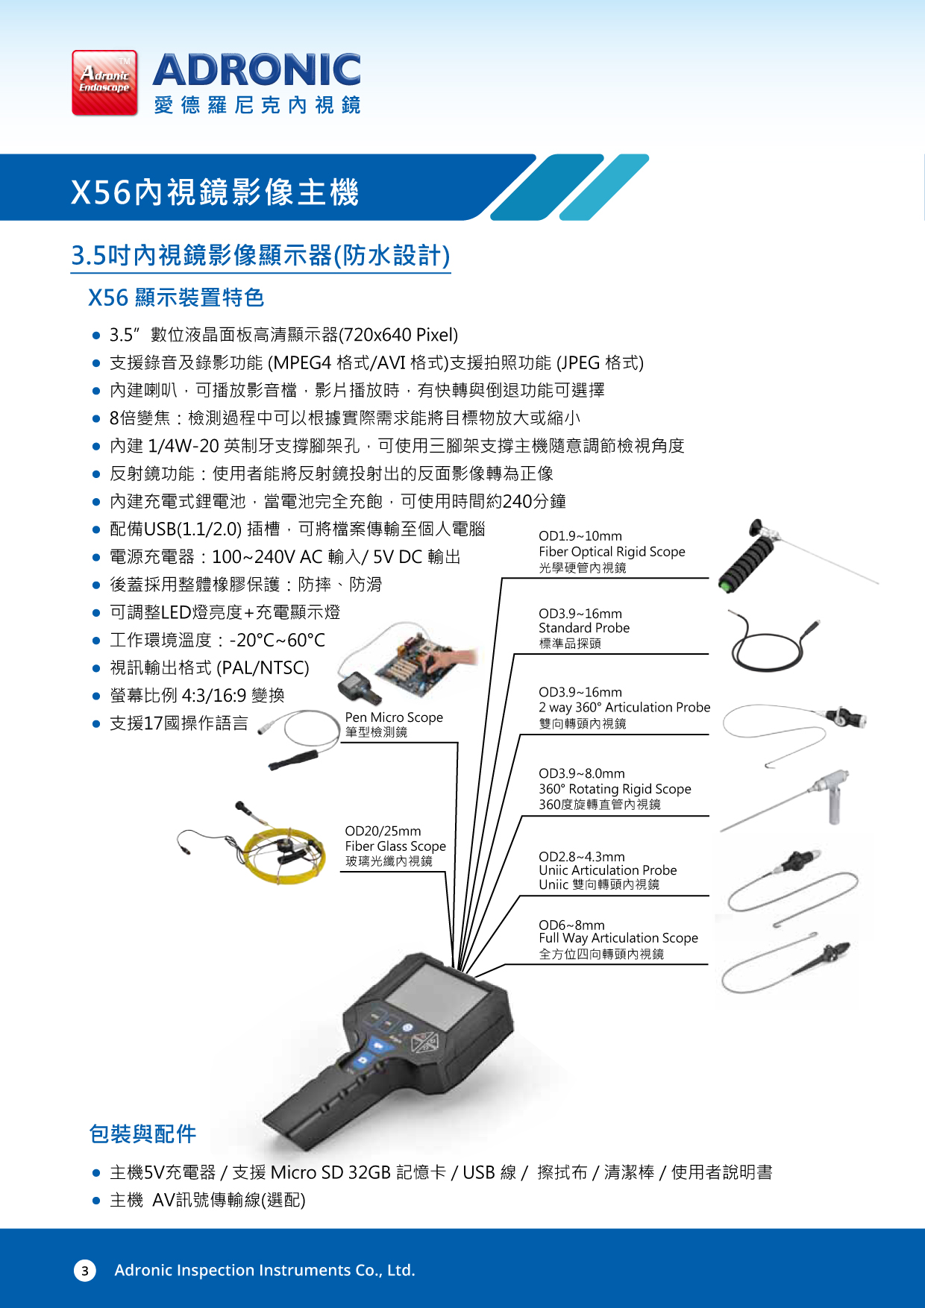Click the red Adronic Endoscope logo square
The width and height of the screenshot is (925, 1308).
coord(104,83)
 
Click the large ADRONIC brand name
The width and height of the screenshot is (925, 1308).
coord(257,70)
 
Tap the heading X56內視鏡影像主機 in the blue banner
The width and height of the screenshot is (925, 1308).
coord(215,192)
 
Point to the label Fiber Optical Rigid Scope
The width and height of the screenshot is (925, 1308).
coord(612,552)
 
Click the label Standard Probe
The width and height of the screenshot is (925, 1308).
coord(584,628)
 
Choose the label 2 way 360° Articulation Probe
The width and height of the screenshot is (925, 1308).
coord(624,707)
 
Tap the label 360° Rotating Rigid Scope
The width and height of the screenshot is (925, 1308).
coord(615,789)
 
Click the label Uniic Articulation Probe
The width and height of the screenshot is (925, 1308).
coord(608,870)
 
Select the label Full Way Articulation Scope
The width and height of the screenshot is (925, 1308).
coord(618,938)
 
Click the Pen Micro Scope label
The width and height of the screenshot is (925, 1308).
coord(394,717)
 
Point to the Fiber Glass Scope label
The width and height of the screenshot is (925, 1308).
coord(395,846)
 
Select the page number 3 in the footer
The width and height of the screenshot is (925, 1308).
coord(84,1271)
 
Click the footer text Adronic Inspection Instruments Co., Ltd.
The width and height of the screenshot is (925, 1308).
coord(265,1270)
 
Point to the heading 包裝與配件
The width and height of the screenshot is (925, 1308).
coord(142,1134)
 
